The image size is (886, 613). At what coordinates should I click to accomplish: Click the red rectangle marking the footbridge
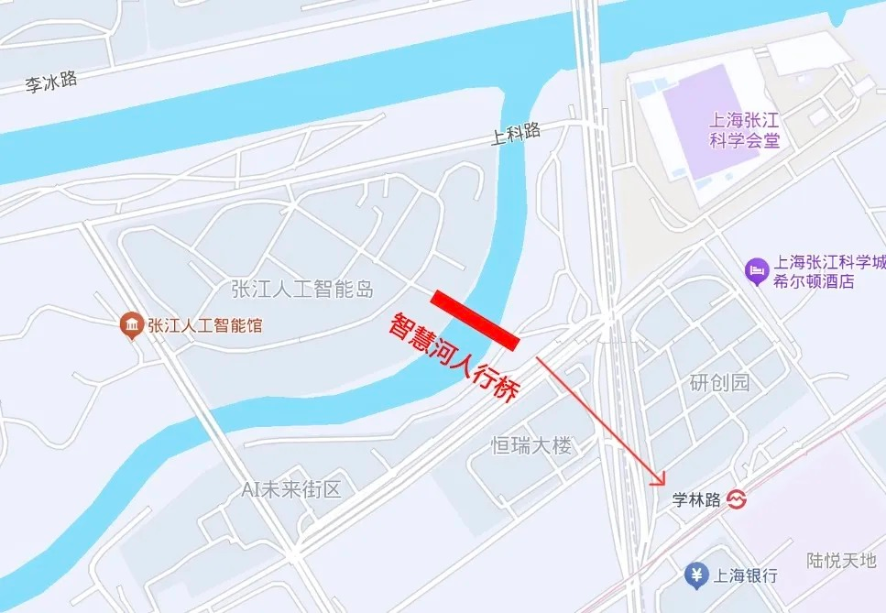tap(476, 320)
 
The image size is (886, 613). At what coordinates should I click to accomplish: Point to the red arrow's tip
tap(662, 484)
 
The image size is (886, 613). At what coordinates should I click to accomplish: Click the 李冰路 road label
tap(50, 83)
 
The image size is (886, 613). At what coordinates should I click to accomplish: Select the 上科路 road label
tap(516, 136)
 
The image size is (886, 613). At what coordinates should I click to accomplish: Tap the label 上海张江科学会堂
tap(745, 129)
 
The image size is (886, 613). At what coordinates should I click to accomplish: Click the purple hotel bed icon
tap(757, 270)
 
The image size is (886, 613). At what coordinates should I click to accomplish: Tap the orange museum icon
tap(132, 324)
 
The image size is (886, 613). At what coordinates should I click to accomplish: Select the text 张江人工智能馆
tap(204, 324)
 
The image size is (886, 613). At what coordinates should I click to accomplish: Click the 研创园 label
tap(719, 383)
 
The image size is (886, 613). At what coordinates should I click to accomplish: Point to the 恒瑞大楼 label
tap(531, 446)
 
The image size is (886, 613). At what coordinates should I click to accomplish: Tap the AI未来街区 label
tap(291, 489)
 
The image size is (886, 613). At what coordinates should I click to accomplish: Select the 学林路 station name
tap(696, 500)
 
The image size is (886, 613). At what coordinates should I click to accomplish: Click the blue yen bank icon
tap(696, 575)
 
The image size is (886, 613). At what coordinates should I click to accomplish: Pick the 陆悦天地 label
tap(841, 560)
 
